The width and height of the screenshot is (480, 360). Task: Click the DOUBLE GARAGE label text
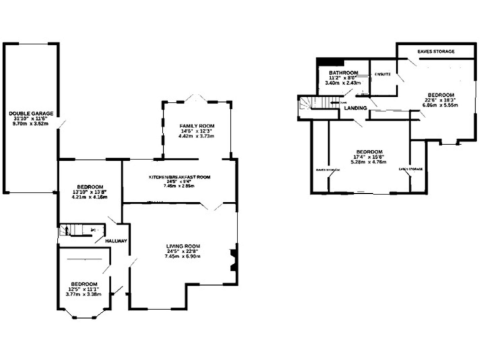click(31, 113)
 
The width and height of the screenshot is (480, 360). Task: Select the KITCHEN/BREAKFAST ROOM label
click(179, 177)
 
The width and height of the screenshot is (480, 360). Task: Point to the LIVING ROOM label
click(182, 246)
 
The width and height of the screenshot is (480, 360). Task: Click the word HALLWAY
click(116, 241)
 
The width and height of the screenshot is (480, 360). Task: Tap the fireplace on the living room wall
click(233, 259)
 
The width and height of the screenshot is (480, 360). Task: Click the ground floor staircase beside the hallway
click(69, 230)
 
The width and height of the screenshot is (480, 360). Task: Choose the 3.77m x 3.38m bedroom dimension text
click(83, 294)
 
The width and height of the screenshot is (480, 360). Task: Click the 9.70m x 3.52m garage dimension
click(31, 124)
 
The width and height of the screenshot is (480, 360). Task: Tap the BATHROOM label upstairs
click(343, 72)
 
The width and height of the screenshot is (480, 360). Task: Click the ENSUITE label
click(382, 74)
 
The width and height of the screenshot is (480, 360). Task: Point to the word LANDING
click(355, 108)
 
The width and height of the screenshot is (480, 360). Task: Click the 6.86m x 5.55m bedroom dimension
click(440, 104)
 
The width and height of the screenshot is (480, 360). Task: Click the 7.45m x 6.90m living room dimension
click(182, 256)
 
